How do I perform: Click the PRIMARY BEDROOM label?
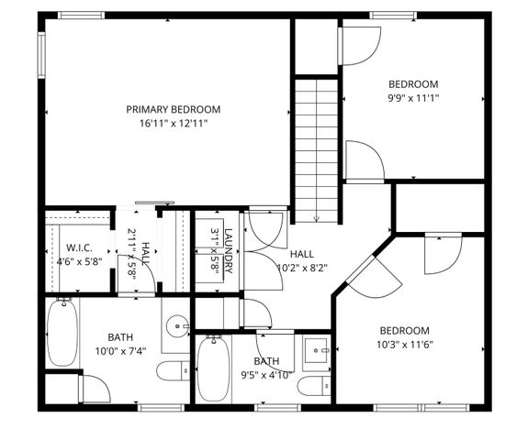click(x=174, y=109)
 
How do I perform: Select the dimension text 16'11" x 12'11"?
click(x=174, y=123)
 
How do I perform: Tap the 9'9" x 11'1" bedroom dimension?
click(x=413, y=97)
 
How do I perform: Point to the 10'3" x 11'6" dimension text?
click(x=405, y=344)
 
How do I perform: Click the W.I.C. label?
click(x=76, y=247)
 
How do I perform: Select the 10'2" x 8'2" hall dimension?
click(x=302, y=268)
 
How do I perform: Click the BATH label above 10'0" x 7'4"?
click(x=119, y=336)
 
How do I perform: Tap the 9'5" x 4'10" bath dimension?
click(x=267, y=374)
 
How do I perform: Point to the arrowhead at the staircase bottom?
click(x=317, y=219)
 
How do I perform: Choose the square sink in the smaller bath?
click(x=319, y=350)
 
